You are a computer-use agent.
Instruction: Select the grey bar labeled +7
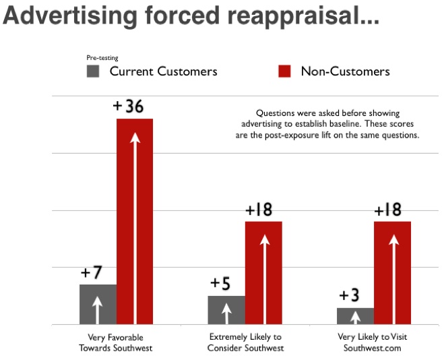pos(98,304)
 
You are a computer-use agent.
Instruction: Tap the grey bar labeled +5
pos(226,310)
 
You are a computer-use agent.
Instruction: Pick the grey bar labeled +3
pos(355,316)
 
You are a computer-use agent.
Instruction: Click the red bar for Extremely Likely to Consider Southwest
pos(263,273)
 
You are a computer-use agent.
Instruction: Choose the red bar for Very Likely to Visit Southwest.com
pos(392,273)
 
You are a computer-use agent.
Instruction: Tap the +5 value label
pos(220,284)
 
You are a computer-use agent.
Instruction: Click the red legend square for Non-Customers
pos(284,71)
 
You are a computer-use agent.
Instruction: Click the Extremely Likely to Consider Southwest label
pos(246,342)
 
